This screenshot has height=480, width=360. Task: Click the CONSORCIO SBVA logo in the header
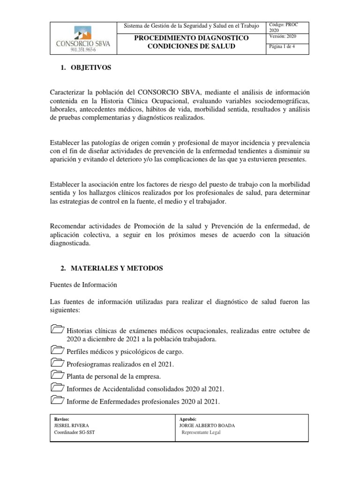(82, 38)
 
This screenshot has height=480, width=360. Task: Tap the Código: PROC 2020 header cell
(285, 27)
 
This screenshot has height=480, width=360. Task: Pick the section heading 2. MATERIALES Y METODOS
(112, 268)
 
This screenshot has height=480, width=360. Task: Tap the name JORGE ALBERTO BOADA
(207, 426)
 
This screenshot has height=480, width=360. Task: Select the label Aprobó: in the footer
(187, 419)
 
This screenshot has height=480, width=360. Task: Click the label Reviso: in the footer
(62, 419)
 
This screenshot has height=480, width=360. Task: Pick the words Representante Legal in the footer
(201, 433)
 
